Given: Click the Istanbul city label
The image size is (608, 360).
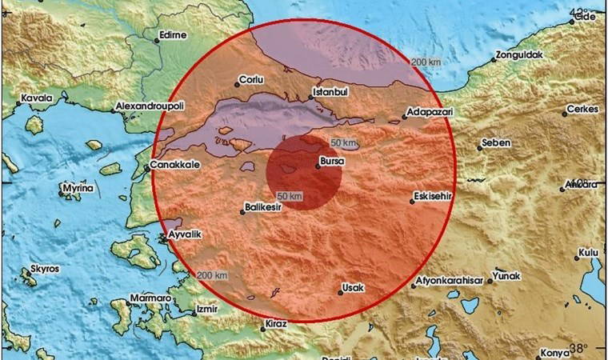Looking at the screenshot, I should [330, 92].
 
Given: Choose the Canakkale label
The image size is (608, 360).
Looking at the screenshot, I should [174, 166].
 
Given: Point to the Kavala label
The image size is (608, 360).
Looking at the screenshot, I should [37, 98].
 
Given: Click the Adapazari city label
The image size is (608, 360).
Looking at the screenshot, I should [430, 113].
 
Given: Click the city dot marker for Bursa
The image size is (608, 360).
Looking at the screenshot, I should [318, 166].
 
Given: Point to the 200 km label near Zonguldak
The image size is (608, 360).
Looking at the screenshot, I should [426, 62].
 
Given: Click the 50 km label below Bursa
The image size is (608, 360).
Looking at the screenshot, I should [289, 196].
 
